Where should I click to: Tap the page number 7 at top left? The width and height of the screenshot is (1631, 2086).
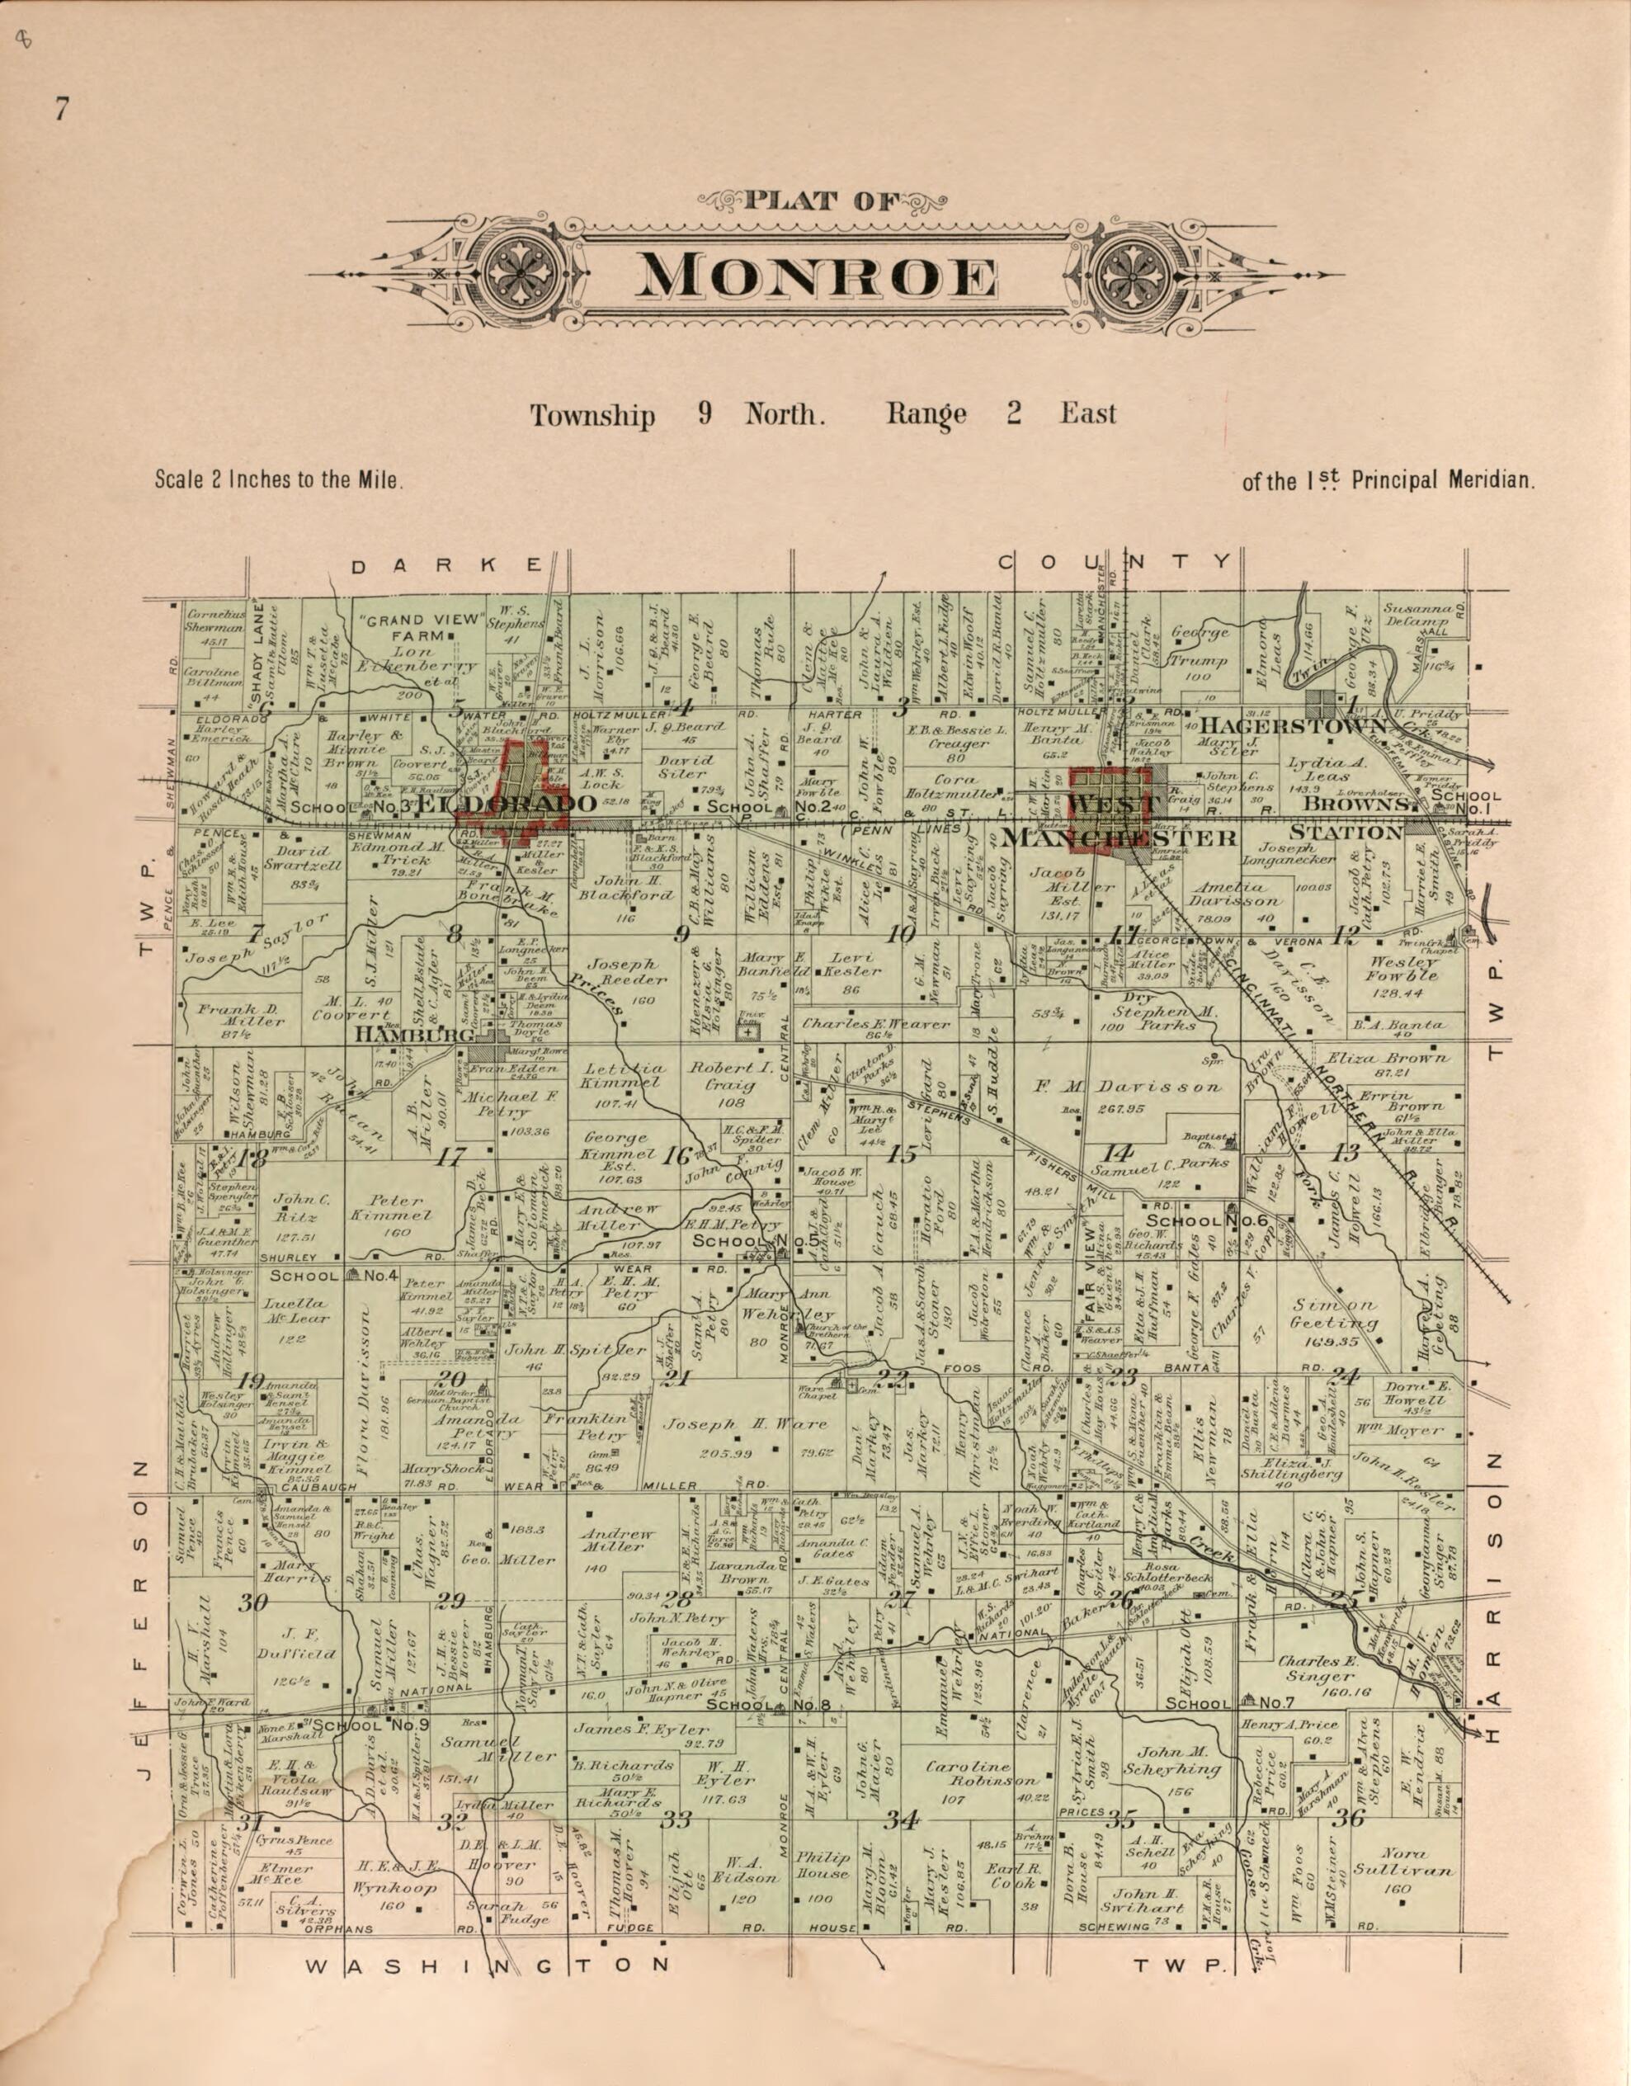coord(61,111)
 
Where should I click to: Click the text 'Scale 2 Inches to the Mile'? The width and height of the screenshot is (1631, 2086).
coord(280,479)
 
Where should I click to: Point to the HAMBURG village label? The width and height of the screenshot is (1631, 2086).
coord(414,1035)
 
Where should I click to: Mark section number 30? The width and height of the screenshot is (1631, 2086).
coord(252,1603)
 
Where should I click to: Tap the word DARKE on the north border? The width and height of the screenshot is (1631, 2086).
coord(446,565)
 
